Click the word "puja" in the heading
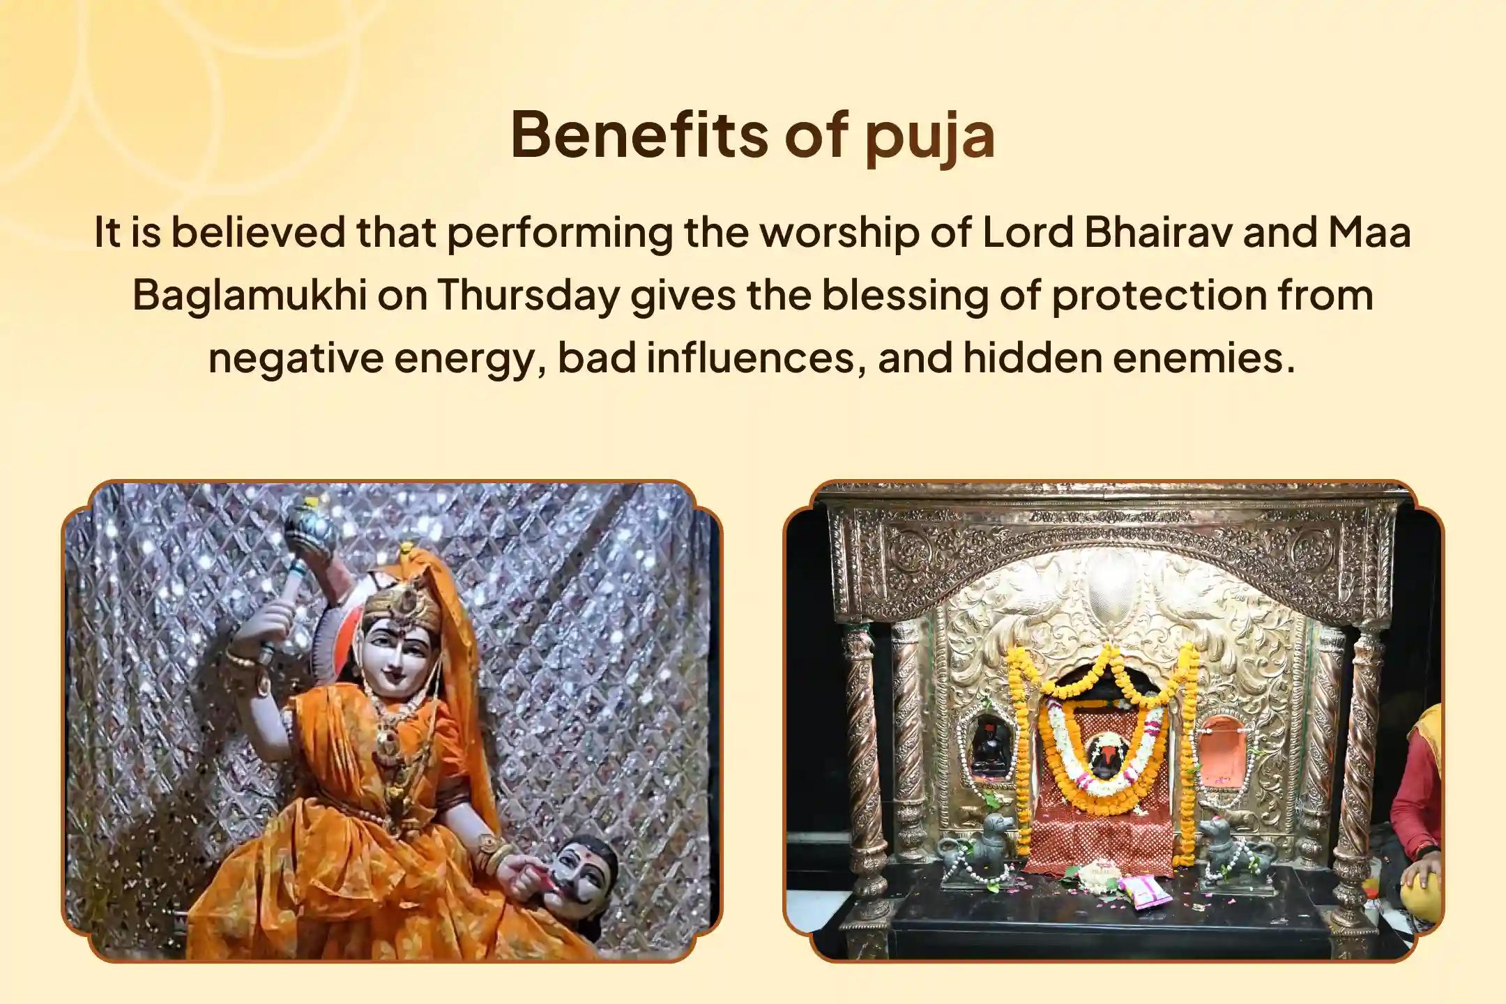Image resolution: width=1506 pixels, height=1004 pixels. (x=930, y=137)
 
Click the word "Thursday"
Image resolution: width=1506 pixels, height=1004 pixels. (x=528, y=295)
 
